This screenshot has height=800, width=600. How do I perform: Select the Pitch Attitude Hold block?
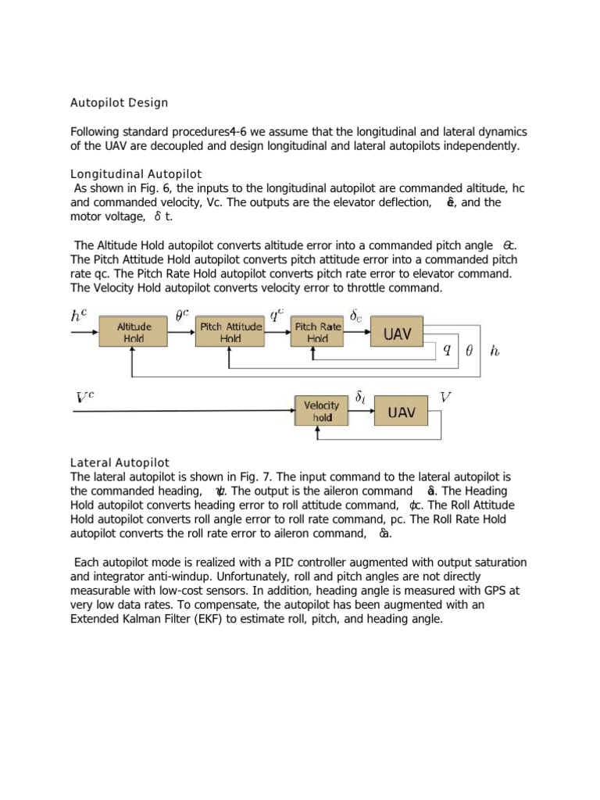coord(230,332)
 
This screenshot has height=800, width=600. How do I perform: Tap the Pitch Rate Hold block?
coord(317,332)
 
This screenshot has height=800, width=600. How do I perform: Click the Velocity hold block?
coord(322,412)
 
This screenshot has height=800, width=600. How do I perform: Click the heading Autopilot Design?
coord(119,102)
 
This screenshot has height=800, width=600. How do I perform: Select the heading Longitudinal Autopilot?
coord(137,173)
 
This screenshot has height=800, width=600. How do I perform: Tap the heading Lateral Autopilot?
coord(120,462)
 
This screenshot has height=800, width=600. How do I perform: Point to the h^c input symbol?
coord(79,316)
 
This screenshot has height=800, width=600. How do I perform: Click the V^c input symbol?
coord(84,398)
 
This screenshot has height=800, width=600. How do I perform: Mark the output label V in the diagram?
coord(445,397)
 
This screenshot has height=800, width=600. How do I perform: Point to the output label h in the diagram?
coord(494,351)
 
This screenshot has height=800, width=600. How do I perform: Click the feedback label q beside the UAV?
coord(446,350)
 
